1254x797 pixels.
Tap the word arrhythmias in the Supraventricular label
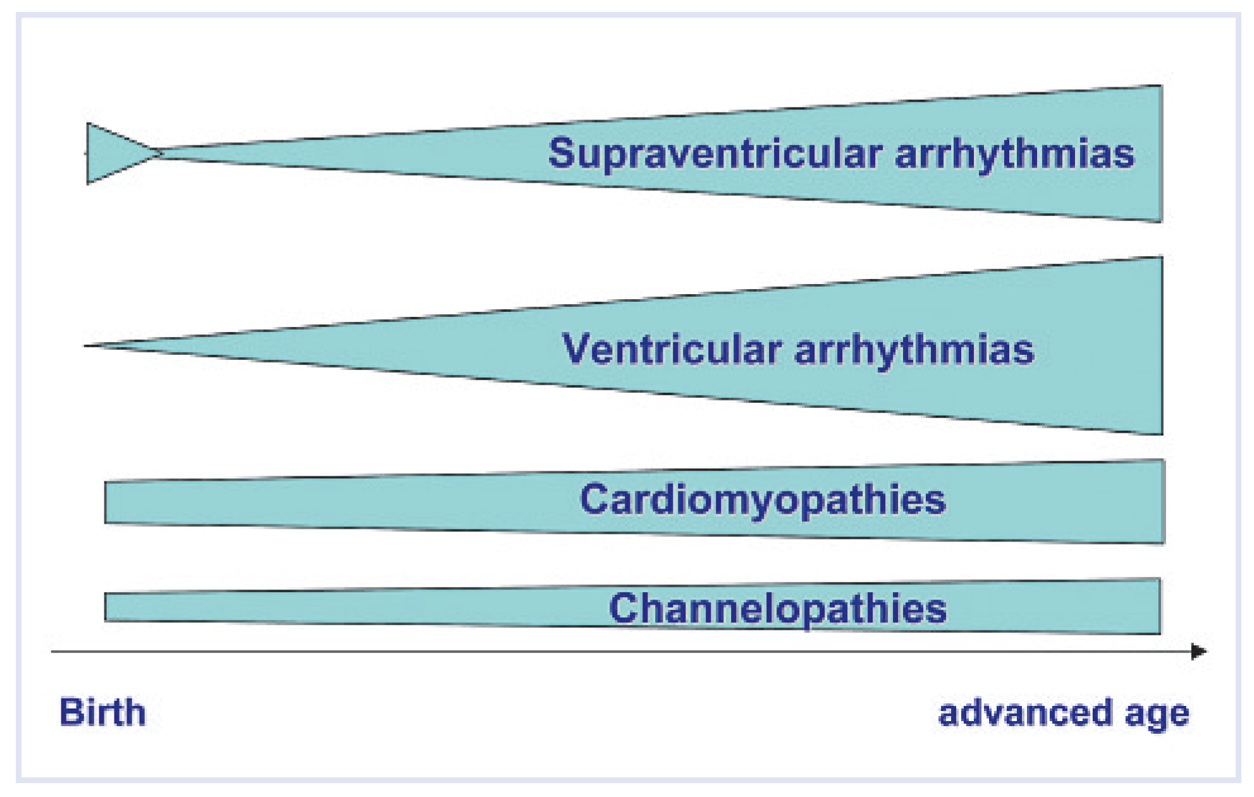1015,154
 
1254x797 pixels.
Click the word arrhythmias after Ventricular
914,349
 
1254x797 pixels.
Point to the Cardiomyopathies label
763,500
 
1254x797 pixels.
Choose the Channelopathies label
778,609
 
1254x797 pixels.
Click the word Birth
102,713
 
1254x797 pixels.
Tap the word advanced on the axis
1024,713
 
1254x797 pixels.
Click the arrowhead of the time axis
1199,652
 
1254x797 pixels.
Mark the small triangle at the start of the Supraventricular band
111,153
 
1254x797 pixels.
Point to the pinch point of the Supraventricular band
161,153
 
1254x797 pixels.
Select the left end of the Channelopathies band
107,607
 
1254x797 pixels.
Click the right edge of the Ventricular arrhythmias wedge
1160,346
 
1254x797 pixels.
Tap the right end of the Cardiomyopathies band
1162,502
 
